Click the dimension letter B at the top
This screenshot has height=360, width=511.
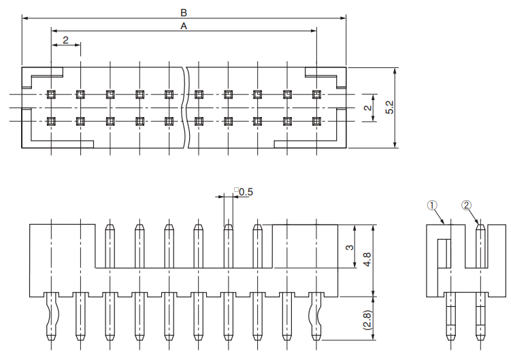point(183,12)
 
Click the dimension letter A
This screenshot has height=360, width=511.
point(183,25)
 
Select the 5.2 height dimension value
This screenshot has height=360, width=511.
point(389,107)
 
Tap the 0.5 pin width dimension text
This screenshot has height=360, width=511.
point(246,192)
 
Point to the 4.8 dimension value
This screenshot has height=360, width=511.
point(367,259)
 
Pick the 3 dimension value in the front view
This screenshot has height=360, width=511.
point(350,246)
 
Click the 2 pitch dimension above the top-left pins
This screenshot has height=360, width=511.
point(65,40)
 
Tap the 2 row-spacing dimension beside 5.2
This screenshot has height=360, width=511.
point(367,108)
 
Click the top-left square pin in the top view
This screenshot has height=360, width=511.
point(51,94)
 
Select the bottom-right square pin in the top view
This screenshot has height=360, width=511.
point(316,121)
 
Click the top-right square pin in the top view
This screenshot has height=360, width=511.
point(316,94)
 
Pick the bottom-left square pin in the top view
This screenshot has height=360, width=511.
point(51,121)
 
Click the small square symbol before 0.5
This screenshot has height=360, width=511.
point(236,191)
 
